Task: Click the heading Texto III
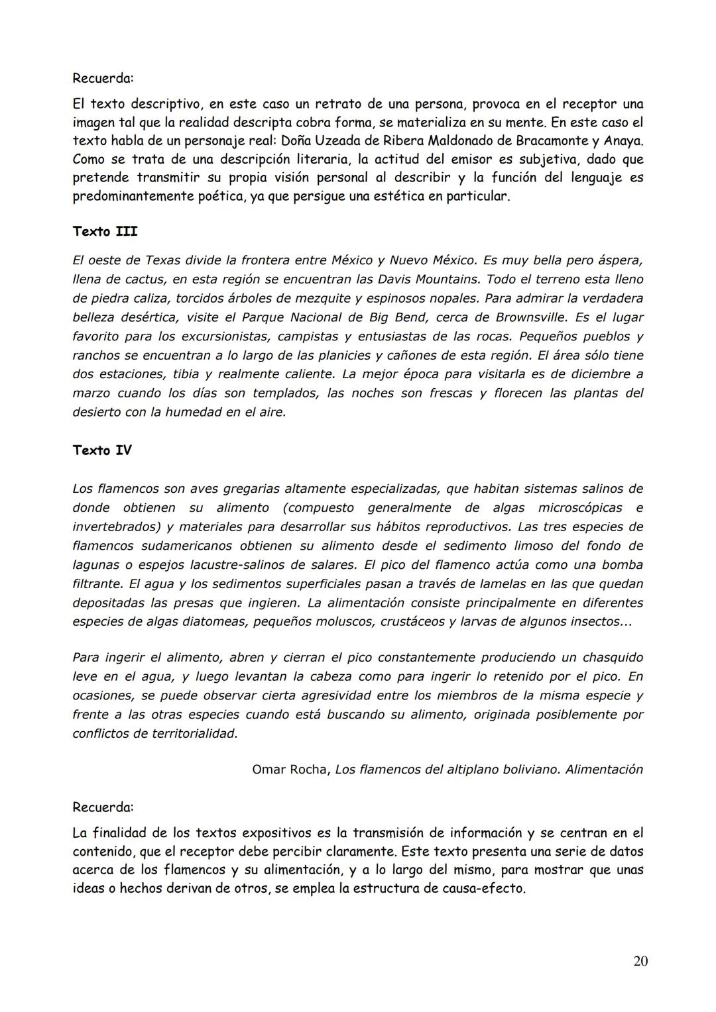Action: (105, 232)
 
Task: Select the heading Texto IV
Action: (102, 450)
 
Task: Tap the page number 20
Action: (640, 962)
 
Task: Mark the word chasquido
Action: (613, 658)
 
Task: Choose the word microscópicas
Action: (580, 508)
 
